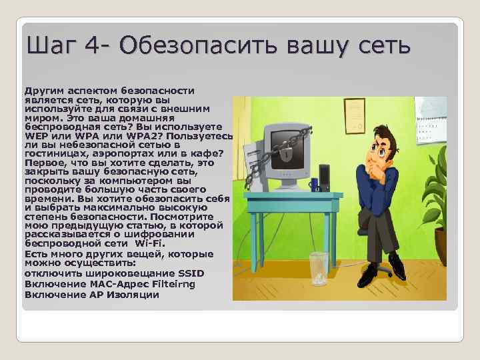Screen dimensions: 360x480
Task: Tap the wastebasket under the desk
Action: [319, 269]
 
